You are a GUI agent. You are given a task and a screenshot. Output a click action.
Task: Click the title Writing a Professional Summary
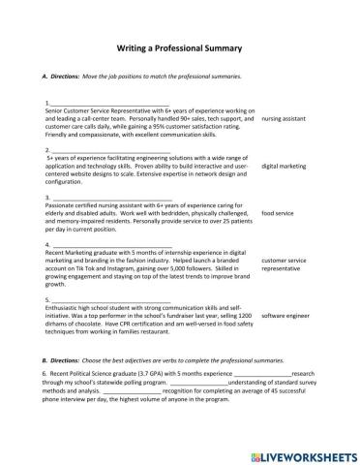[x=179, y=46]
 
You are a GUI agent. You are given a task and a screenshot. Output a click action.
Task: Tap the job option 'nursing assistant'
[x=285, y=118]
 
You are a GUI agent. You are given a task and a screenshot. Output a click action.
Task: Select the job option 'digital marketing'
[x=285, y=166]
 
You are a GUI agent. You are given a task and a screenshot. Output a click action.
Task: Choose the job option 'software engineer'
[x=285, y=315]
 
